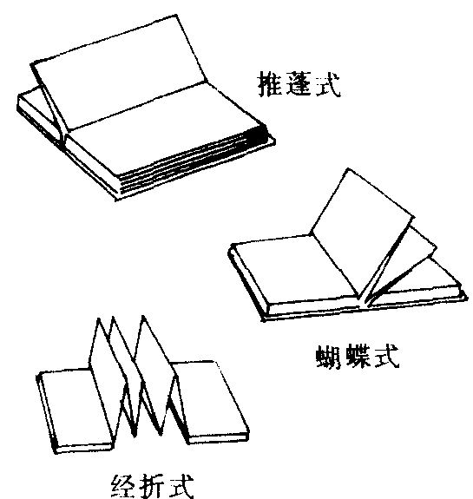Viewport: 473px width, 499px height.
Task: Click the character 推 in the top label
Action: click(x=270, y=83)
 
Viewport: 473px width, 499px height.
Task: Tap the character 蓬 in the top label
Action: click(x=299, y=83)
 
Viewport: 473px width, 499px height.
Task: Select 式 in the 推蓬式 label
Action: click(x=328, y=84)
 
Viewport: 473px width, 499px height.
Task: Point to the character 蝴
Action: click(x=330, y=356)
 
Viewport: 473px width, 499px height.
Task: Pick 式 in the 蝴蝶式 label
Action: click(x=386, y=356)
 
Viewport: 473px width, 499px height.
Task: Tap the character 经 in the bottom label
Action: click(x=124, y=486)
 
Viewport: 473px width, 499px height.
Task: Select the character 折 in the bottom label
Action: click(x=153, y=486)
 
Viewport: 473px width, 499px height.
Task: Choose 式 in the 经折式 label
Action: click(x=181, y=486)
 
